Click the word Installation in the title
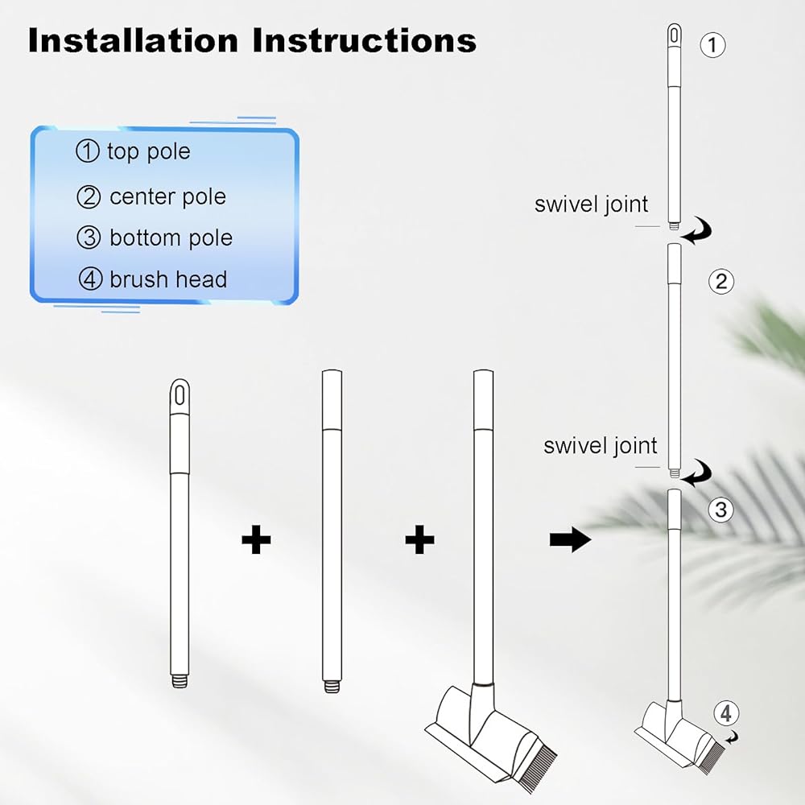[132, 40]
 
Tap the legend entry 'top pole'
[148, 151]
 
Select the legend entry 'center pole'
[167, 196]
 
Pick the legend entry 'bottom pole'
[171, 238]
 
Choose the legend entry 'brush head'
[168, 279]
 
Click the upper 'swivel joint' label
[591, 204]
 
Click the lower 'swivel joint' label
[601, 446]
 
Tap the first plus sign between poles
[256, 540]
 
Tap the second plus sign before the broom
[419, 540]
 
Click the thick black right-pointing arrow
[570, 541]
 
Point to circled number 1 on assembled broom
[712, 44]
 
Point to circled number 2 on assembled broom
[720, 281]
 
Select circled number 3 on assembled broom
[720, 510]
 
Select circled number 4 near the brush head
[726, 712]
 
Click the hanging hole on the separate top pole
[181, 395]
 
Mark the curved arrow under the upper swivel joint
[697, 233]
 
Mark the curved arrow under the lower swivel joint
[697, 473]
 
